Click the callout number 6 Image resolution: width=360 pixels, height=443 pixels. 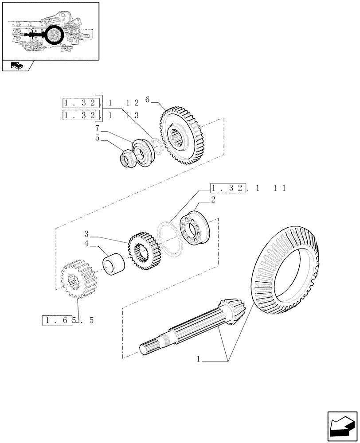click(x=148, y=100)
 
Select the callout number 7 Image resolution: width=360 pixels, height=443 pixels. click(x=97, y=128)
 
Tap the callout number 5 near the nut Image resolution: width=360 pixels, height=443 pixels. click(x=97, y=138)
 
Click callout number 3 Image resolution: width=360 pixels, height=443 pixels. click(x=87, y=233)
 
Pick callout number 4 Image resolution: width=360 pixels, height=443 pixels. click(x=87, y=243)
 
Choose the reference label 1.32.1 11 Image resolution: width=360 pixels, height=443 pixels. click(x=248, y=188)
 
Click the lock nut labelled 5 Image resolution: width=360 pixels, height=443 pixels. click(x=129, y=158)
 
